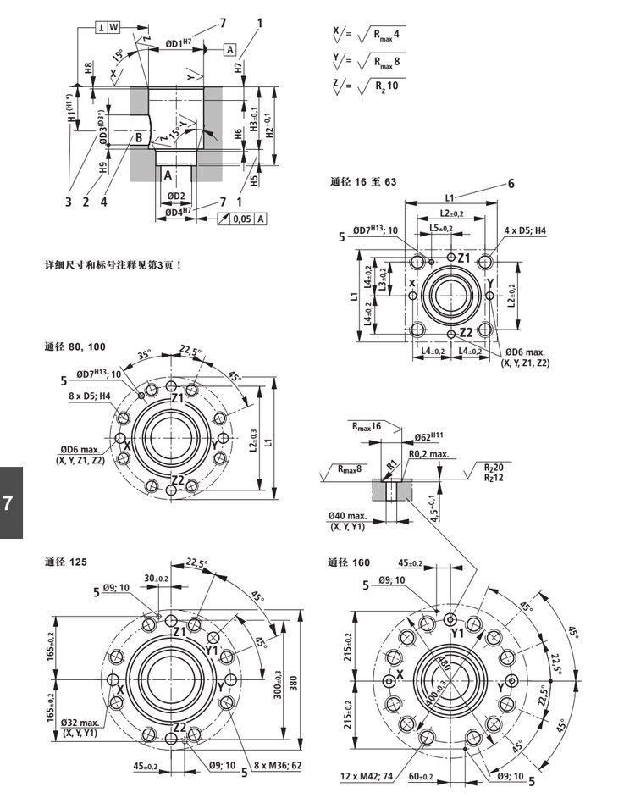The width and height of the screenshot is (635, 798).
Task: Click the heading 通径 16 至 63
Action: pyautogui.click(x=362, y=181)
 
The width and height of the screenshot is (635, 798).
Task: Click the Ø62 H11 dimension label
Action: pyautogui.click(x=429, y=437)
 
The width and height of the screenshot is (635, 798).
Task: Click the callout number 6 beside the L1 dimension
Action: pyautogui.click(x=511, y=184)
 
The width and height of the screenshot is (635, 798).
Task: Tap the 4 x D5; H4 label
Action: pyautogui.click(x=526, y=230)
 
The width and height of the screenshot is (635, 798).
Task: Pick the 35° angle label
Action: pyautogui.click(x=143, y=355)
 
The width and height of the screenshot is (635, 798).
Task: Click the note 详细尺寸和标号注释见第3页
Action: pyautogui.click(x=113, y=264)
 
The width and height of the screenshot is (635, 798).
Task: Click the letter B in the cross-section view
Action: pyautogui.click(x=137, y=136)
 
